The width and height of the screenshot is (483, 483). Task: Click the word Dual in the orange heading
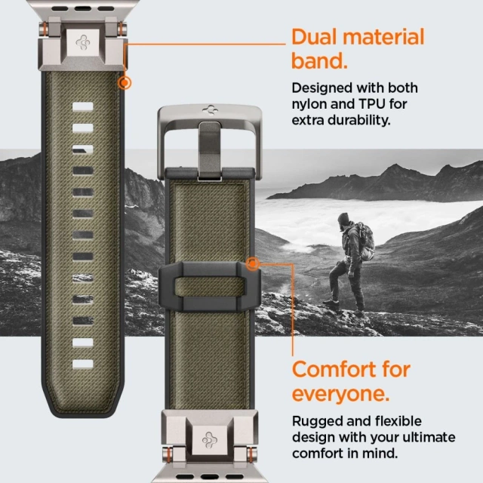(318, 38)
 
